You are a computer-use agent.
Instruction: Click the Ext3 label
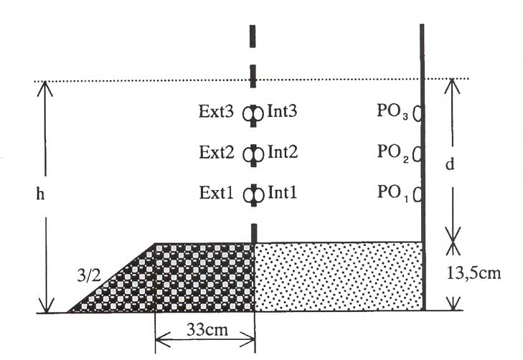pos(216,111)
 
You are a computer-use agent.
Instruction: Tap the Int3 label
pos(282,111)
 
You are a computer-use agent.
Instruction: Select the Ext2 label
pos(217,152)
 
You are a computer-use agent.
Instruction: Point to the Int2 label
pos(283,152)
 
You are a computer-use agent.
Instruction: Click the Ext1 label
pos(217,193)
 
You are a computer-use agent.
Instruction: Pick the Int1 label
pos(283,193)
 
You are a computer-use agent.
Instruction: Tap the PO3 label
pos(392,112)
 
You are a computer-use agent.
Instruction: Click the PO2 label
pos(393,153)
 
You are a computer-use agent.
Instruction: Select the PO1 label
pos(393,194)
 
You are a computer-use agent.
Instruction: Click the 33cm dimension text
pos(207,330)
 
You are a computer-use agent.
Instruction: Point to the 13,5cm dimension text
pos(473,273)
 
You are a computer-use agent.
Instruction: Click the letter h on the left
pos(40,194)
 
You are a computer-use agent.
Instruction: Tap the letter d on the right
pos(450,164)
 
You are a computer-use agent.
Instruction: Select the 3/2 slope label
pos(89,275)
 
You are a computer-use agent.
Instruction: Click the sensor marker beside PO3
pos(417,113)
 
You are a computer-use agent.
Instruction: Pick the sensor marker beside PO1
pos(417,194)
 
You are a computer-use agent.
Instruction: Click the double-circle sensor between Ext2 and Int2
pos(253,155)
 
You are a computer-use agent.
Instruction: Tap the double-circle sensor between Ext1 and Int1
pos(253,195)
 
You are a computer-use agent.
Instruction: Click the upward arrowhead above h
pos(45,88)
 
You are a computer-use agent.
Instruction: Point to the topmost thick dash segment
pos(253,37)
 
